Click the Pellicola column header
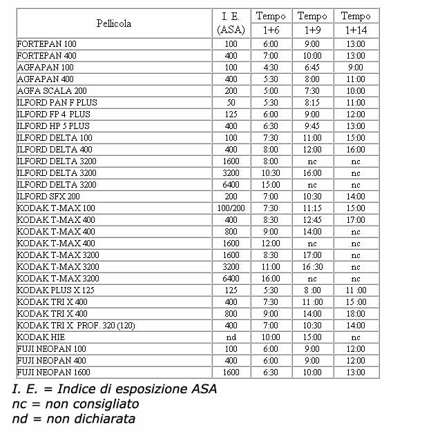click(x=114, y=23)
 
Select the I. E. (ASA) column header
click(x=231, y=23)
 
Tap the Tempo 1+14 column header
click(x=356, y=23)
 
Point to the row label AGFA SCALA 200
click(x=52, y=91)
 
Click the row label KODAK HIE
click(x=41, y=337)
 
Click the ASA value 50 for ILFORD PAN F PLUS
click(x=231, y=103)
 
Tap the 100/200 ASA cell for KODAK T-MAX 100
click(x=231, y=208)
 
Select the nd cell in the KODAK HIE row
click(x=231, y=337)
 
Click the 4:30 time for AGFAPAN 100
click(x=271, y=68)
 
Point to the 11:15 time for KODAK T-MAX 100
click(x=312, y=208)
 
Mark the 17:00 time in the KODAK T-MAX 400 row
click(x=356, y=220)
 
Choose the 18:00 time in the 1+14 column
click(x=356, y=314)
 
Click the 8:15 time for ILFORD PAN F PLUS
click(x=312, y=103)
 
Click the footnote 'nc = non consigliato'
click(x=75, y=404)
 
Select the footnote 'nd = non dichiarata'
click(x=73, y=419)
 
